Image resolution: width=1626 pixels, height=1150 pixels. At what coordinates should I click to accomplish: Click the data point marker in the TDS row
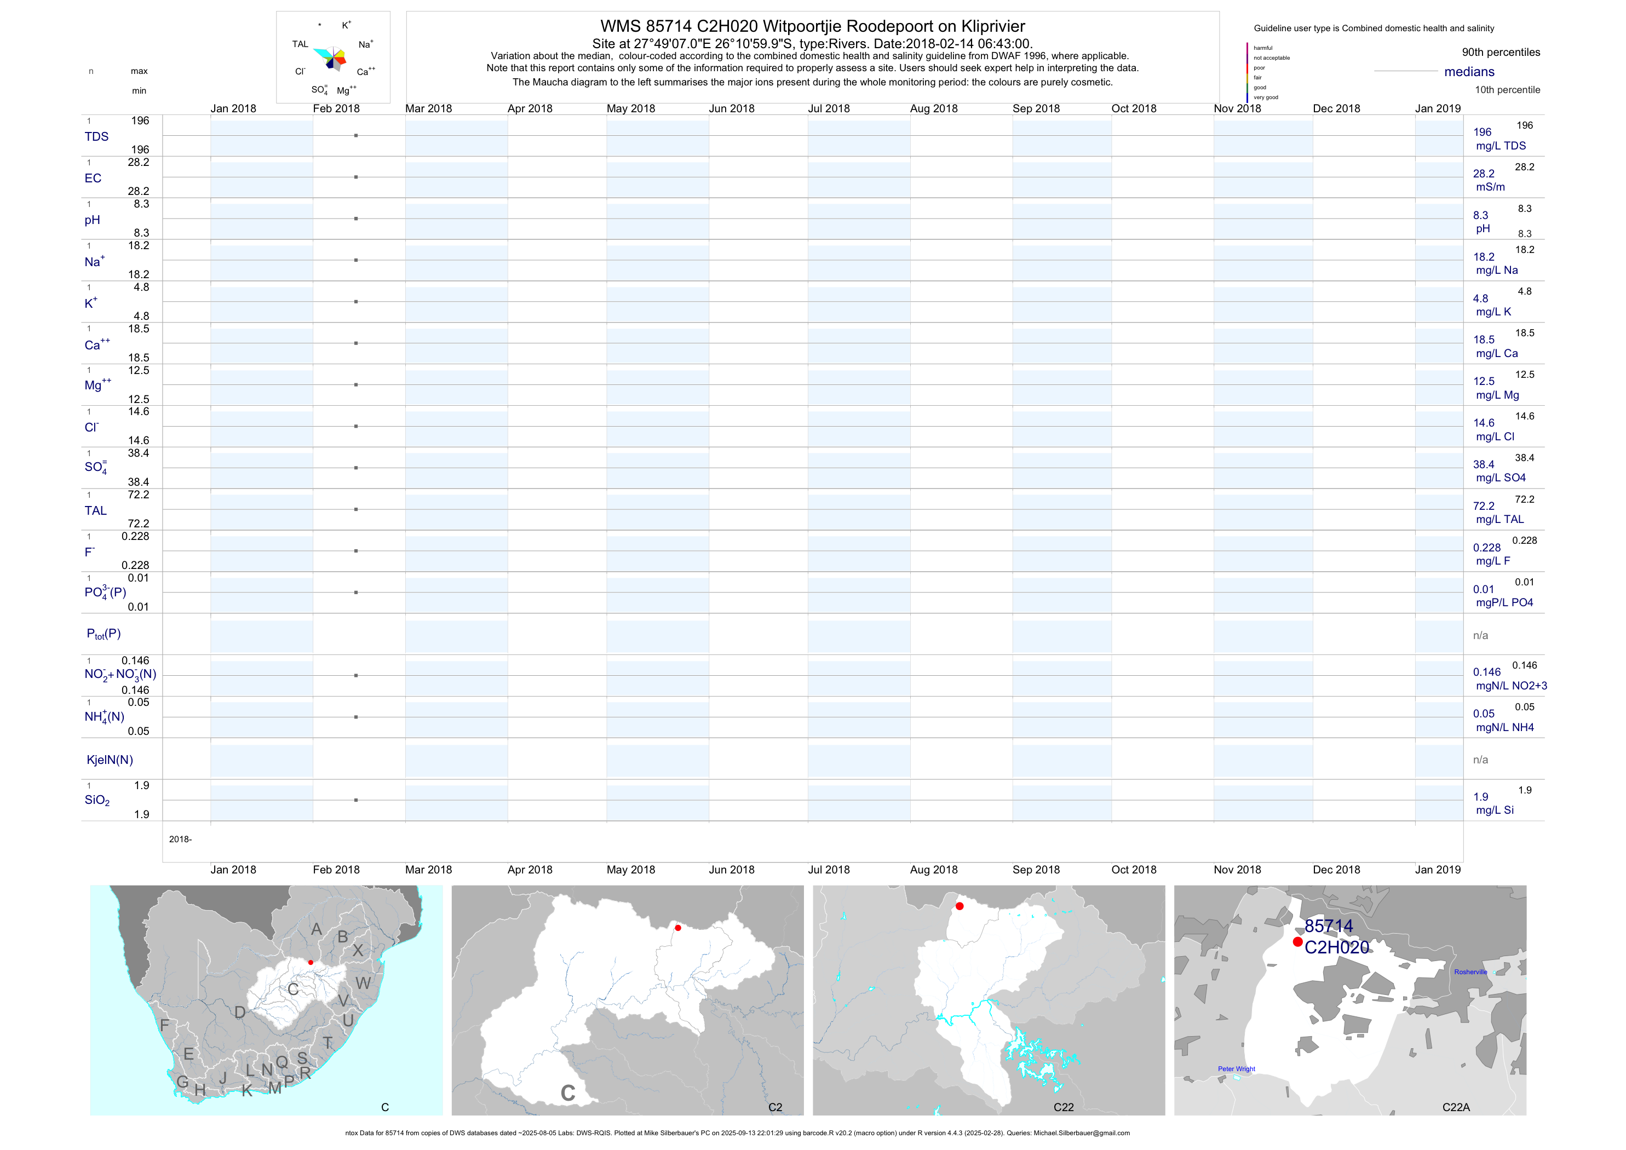[x=355, y=135]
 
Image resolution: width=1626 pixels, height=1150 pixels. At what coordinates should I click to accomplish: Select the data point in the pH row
[x=355, y=219]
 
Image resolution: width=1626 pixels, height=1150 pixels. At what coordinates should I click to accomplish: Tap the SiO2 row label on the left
[x=97, y=800]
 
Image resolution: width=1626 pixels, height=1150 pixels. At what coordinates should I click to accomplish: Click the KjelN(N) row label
[x=110, y=760]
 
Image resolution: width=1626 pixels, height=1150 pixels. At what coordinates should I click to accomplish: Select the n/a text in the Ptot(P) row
[x=1480, y=636]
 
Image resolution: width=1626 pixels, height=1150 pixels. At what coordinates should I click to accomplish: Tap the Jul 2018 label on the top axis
[x=829, y=108]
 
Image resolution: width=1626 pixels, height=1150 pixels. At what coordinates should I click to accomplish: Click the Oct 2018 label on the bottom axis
[x=1134, y=870]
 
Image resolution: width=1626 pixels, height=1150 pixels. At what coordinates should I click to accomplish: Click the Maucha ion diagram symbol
[x=330, y=58]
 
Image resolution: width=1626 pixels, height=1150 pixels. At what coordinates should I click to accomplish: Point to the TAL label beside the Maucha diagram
[x=300, y=44]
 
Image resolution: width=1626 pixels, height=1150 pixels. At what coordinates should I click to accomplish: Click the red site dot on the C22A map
[x=1297, y=942]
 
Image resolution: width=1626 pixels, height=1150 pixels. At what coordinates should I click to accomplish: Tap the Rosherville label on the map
[x=1470, y=972]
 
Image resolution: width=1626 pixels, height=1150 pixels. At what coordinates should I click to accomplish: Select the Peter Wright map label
[x=1237, y=1069]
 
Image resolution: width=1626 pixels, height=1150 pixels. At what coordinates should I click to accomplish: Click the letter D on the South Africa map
[x=240, y=1013]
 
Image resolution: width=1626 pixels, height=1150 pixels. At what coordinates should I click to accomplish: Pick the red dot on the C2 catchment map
[x=678, y=928]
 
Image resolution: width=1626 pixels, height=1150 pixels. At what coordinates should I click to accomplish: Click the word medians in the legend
[x=1469, y=72]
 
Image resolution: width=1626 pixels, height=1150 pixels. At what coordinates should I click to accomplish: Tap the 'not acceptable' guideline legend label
[x=1271, y=58]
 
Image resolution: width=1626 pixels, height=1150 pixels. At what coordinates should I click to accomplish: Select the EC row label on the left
[x=93, y=179]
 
